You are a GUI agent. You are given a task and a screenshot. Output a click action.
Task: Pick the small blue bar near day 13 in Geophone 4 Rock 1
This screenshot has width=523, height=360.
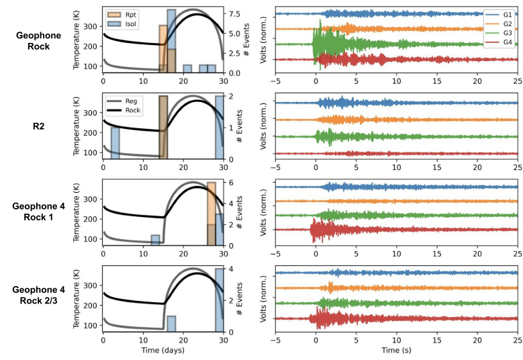click(x=155, y=240)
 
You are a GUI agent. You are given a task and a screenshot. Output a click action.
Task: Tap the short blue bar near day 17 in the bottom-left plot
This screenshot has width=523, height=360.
click(x=171, y=324)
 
